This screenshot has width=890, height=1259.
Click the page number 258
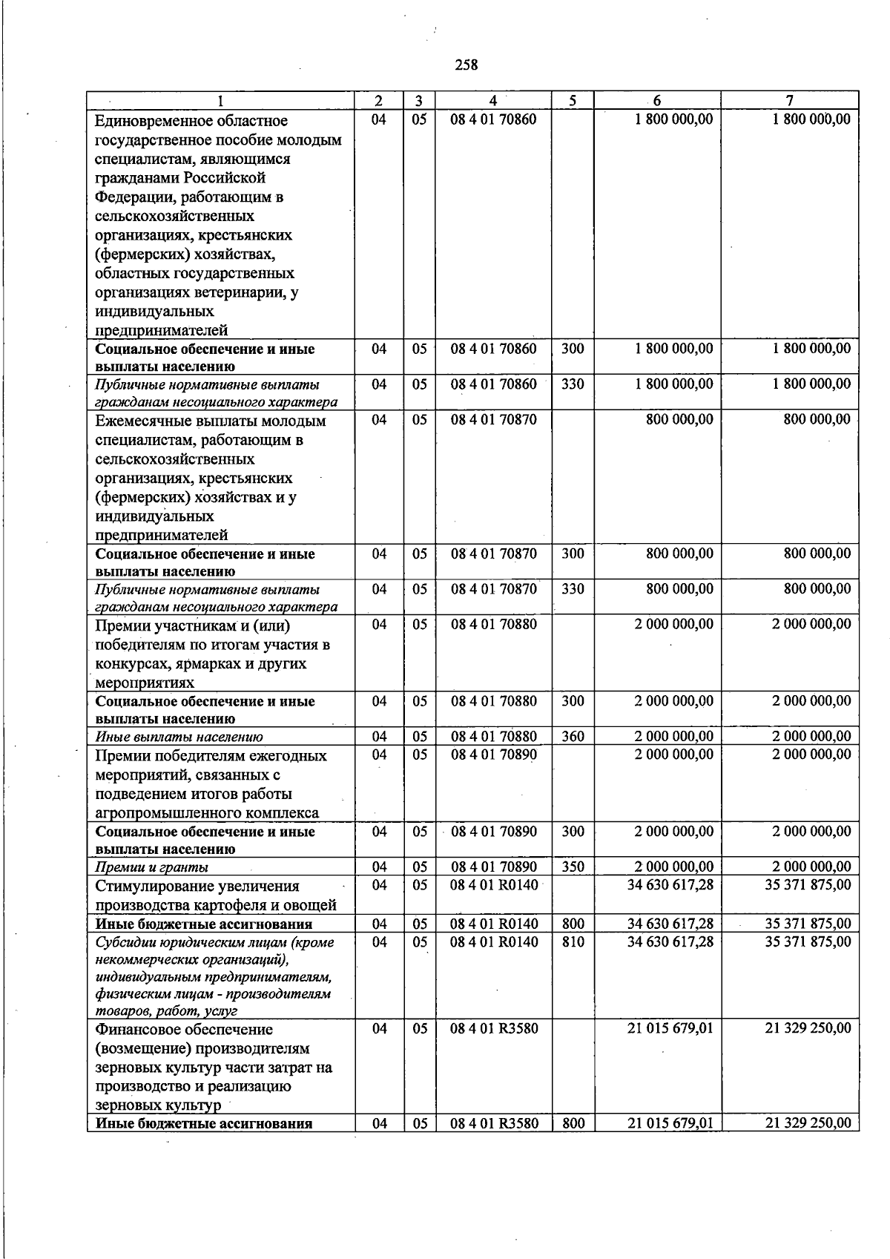point(466,65)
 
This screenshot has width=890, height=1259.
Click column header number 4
point(493,100)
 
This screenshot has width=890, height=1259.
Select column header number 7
point(790,100)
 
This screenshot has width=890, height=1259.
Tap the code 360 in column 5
point(573,736)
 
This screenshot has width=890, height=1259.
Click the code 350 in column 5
point(573,867)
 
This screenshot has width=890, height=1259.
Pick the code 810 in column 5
point(573,941)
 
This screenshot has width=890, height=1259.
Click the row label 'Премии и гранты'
point(152,867)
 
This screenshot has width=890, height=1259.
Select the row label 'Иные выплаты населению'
point(179,737)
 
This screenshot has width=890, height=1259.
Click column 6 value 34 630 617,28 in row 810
point(670,941)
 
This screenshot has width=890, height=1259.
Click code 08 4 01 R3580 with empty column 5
point(494,1028)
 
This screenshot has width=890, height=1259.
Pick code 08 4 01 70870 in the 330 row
point(494,589)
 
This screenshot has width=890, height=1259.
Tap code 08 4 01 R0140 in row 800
point(494,924)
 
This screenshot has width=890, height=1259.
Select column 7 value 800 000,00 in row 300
point(817,553)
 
